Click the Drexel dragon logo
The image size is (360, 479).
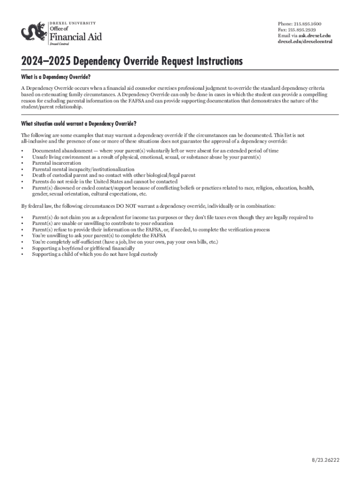click(34, 32)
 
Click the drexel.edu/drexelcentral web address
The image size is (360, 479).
click(305, 42)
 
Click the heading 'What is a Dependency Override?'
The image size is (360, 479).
click(55, 77)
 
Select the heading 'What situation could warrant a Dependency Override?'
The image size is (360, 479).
click(79, 123)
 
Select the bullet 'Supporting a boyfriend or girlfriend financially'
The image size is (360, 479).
click(83, 248)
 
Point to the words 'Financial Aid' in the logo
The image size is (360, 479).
click(75, 36)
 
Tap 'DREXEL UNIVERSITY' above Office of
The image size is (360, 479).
click(73, 22)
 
